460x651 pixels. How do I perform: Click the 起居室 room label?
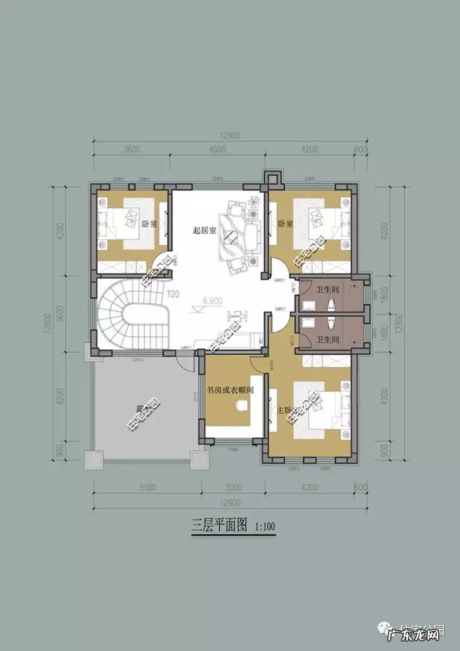coord(205,230)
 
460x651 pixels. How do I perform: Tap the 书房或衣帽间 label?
coord(230,390)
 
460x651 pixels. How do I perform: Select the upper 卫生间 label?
coord(328,290)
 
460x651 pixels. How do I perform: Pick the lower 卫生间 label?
coord(328,340)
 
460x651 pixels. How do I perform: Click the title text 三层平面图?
coord(220,525)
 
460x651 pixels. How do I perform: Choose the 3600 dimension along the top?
coord(132,150)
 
